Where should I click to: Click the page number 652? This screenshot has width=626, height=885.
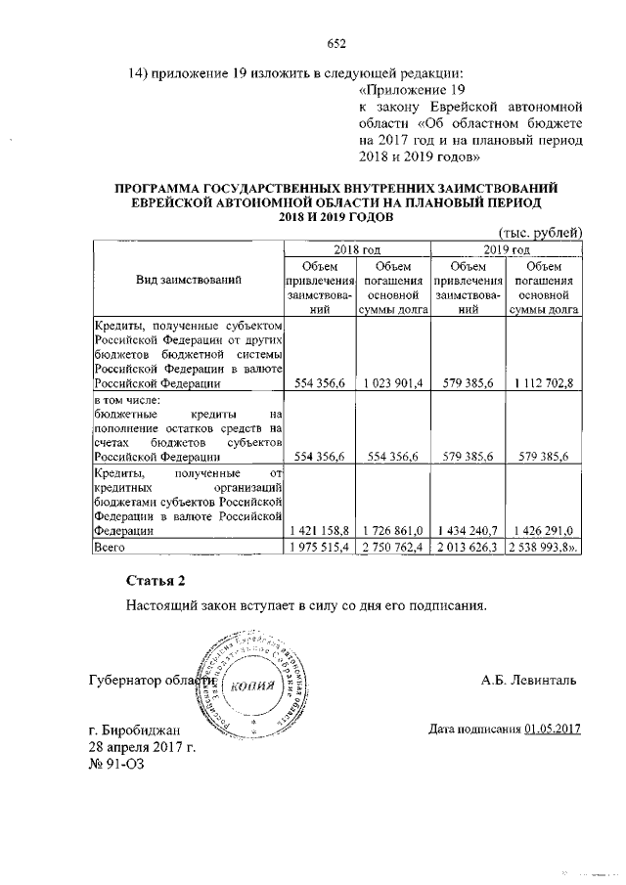(x=337, y=42)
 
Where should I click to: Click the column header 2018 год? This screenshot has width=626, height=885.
(x=356, y=249)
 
